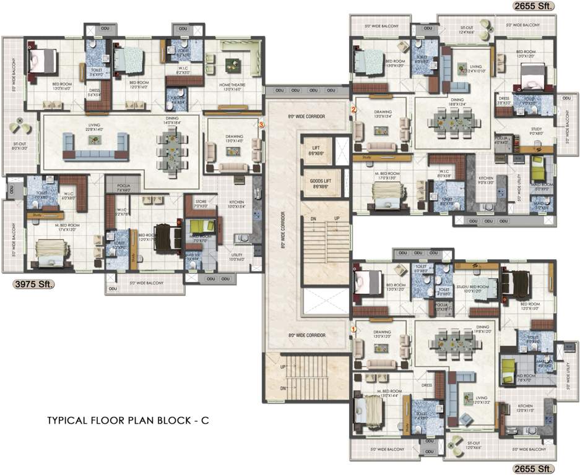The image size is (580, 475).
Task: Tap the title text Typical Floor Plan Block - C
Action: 128,420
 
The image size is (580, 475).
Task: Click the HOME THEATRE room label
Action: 233,86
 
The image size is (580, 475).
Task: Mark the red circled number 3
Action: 261,124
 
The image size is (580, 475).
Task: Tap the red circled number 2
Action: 353,109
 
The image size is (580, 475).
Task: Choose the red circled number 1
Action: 353,330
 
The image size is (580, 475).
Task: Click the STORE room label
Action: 200,203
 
